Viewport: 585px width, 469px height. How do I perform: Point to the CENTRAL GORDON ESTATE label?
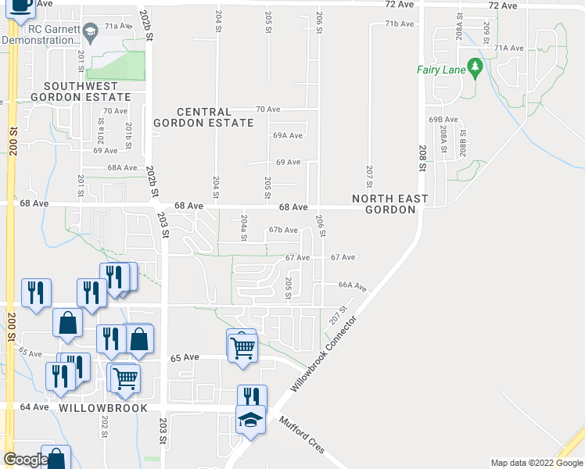tap(203, 117)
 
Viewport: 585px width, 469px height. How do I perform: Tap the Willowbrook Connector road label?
tap(323, 355)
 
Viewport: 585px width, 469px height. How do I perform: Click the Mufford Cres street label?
tap(301, 439)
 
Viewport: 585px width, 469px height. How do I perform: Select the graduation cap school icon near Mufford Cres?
tap(250, 421)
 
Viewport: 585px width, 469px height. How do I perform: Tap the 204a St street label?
tap(244, 227)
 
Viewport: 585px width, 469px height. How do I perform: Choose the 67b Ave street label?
tap(283, 230)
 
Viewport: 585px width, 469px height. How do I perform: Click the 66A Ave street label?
tap(353, 286)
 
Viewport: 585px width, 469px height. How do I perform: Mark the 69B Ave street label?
tap(442, 120)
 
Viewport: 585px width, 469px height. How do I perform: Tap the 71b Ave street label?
tap(398, 24)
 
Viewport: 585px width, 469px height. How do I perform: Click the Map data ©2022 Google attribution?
tap(537, 463)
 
